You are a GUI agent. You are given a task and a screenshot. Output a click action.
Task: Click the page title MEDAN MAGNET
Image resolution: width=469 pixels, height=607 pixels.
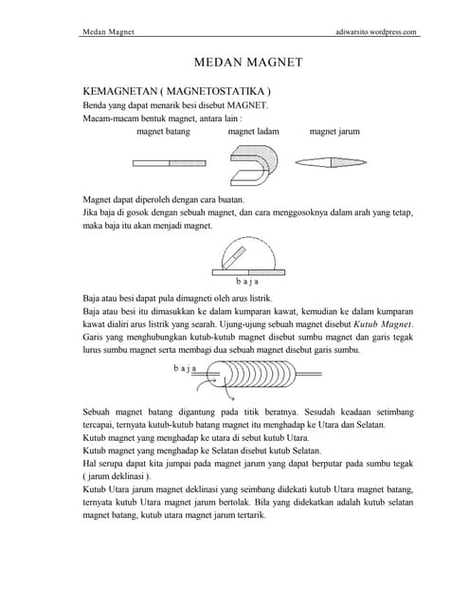tap(248, 63)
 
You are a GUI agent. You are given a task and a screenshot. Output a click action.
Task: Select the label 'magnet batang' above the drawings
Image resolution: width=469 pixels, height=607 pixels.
tap(164, 132)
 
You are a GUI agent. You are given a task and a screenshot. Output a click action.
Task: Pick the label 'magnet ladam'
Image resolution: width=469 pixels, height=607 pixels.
tap(253, 132)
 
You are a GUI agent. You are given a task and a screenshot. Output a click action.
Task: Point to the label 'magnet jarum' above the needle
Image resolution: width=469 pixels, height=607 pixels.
tap(334, 132)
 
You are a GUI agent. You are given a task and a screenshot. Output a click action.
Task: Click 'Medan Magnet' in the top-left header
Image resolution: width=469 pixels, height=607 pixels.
tap(108, 31)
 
